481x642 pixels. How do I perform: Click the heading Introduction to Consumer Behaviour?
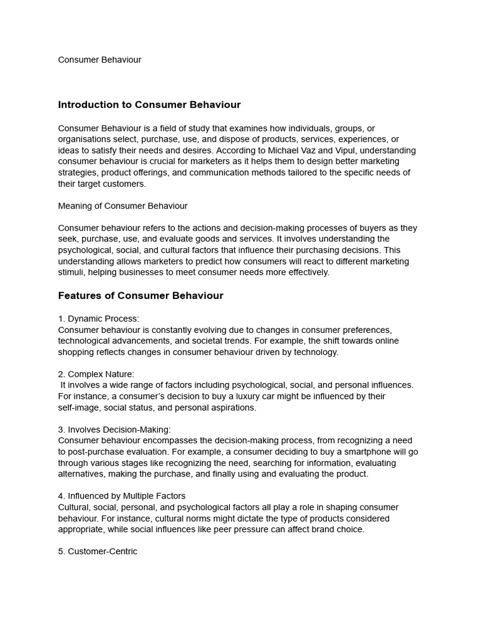[149, 105]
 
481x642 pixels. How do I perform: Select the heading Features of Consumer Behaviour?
[140, 295]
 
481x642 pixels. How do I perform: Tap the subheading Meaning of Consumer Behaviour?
[123, 206]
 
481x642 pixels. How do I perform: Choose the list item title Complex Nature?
[101, 374]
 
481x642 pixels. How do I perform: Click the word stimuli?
[71, 272]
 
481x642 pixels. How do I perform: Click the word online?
[385, 340]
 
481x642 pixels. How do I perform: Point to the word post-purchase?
[94, 451]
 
